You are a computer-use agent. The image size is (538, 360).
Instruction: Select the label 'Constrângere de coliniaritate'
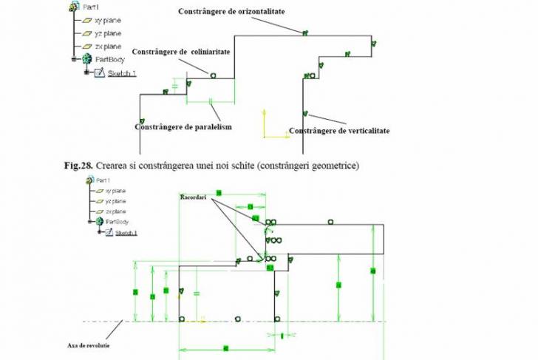coord(182,52)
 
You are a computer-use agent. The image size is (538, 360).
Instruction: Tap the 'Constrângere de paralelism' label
coord(183,126)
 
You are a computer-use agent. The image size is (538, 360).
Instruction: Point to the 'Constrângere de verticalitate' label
coord(339,131)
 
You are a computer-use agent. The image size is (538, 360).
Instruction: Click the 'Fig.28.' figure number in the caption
coord(78,165)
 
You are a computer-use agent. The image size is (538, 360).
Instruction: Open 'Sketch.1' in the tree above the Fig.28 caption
coord(122,73)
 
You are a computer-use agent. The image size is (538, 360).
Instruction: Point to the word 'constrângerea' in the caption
coord(168,165)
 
